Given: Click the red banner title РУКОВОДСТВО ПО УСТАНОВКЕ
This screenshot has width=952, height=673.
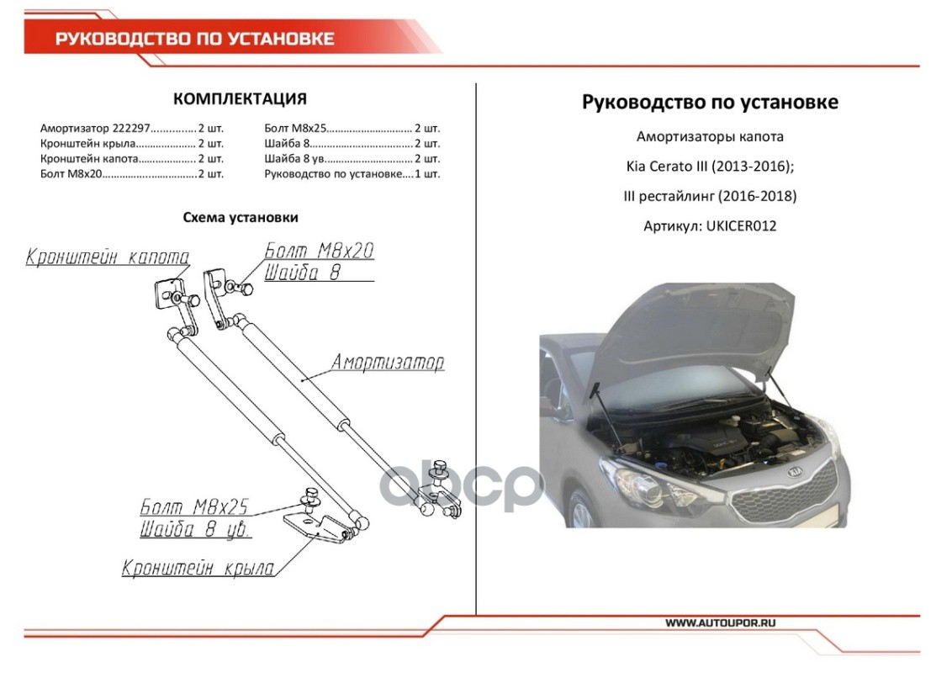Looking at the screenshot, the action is pos(195,39).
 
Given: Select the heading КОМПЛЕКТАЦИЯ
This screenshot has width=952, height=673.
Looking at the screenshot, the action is pos(240,99).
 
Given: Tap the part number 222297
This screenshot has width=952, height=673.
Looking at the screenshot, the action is pos(130,129).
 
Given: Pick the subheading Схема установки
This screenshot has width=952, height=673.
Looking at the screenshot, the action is pos(241,217).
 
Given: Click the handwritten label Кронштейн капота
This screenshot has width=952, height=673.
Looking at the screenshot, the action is pos(108,257).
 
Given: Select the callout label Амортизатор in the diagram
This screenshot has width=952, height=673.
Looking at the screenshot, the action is pos(387,363).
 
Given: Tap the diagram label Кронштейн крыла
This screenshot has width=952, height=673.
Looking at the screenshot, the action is pos(198,569).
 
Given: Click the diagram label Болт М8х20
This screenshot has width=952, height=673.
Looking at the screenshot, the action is pos(320,251).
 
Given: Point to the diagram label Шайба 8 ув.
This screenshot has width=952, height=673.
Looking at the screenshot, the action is pos(196,531).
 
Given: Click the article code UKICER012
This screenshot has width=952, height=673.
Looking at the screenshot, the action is pos(743,226).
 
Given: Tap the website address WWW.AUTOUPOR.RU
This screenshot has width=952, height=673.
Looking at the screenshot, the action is pos(720,623).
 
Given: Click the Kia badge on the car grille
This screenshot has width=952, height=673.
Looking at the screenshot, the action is pos(793,473).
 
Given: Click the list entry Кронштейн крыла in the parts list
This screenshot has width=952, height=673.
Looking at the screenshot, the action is pos(87,144).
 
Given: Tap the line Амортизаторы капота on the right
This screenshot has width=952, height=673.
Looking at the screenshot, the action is pos(710,136).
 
